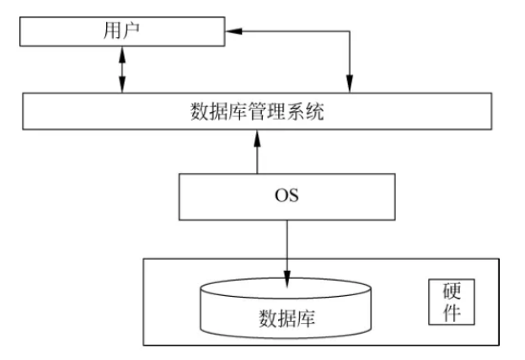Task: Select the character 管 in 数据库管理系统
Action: point(258,111)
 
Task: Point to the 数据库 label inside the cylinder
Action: point(287,318)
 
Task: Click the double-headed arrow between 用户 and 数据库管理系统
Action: point(122,70)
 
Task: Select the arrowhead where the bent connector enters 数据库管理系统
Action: point(347,85)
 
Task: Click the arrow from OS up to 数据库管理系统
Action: point(256,152)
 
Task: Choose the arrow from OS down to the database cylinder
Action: point(287,249)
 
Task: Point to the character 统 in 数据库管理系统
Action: point(315,111)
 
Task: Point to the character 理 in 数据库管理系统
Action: point(277,111)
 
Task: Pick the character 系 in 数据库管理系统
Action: point(297,111)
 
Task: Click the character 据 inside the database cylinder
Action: point(287,318)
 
